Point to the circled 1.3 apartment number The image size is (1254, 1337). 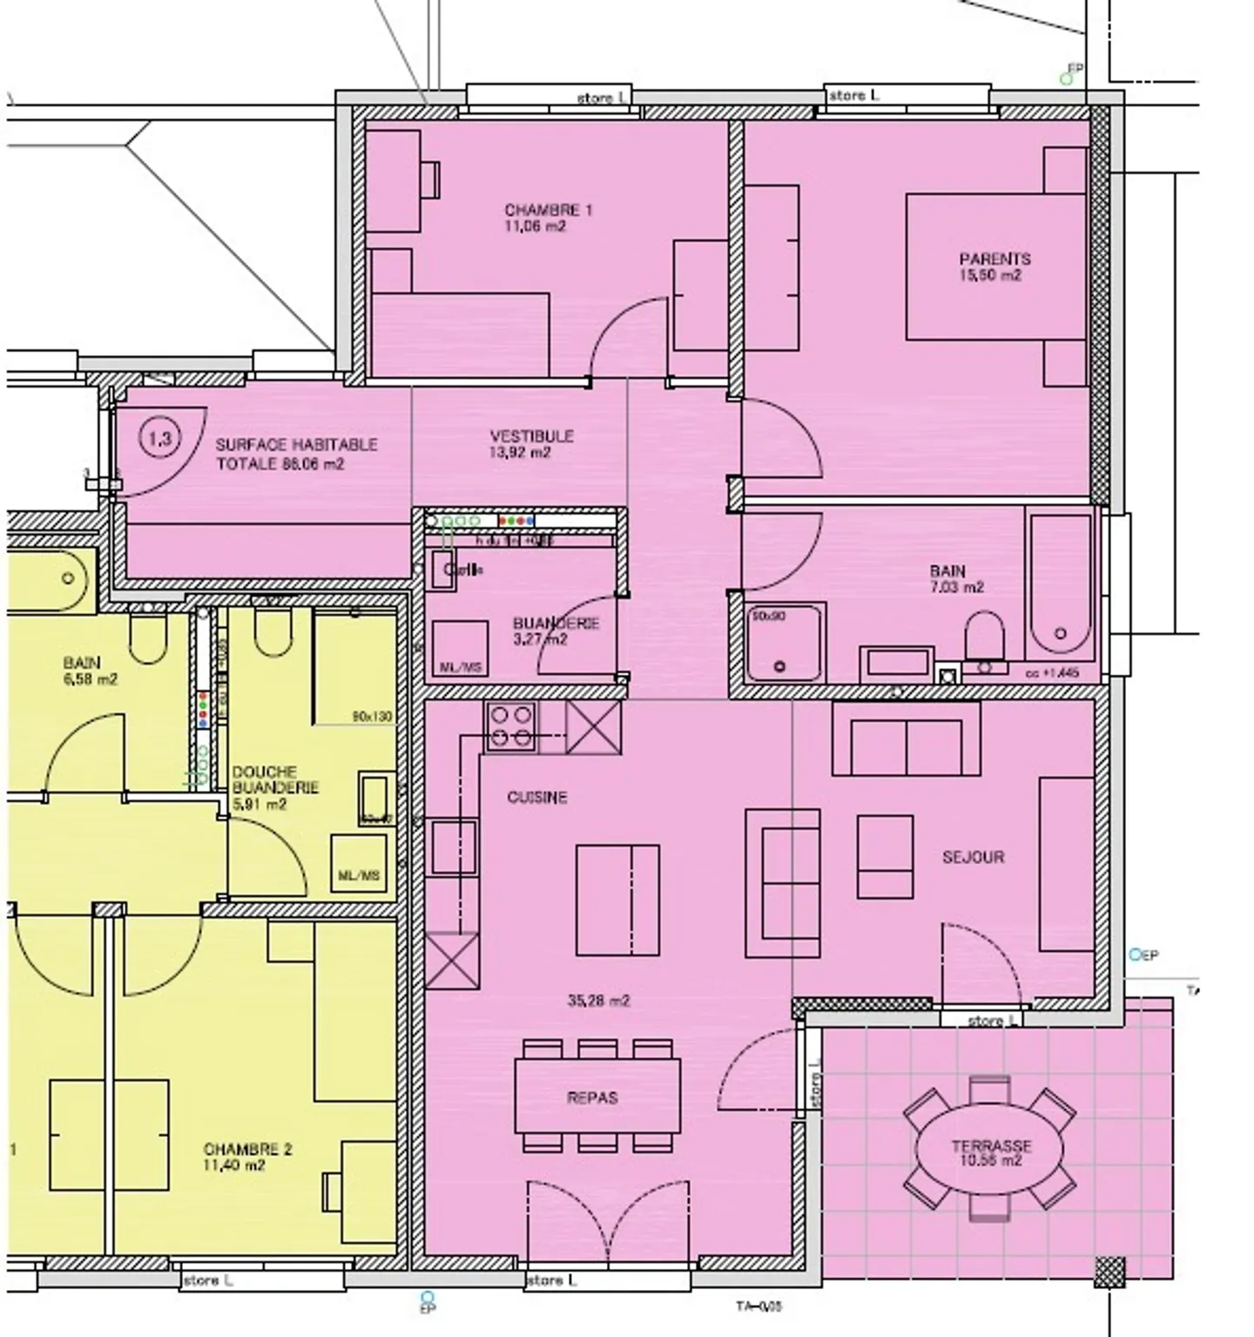click(160, 438)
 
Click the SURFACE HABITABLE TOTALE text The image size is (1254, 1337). click(296, 454)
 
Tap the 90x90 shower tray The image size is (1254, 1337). click(785, 641)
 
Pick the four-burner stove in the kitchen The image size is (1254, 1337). click(510, 726)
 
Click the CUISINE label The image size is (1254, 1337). click(536, 797)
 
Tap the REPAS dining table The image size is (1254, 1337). click(597, 1096)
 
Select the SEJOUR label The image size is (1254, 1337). click(973, 857)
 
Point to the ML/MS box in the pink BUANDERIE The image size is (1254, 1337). click(461, 649)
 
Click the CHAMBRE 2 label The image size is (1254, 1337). click(247, 1157)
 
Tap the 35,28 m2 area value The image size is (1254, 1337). click(598, 1001)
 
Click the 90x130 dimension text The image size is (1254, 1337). click(372, 717)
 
